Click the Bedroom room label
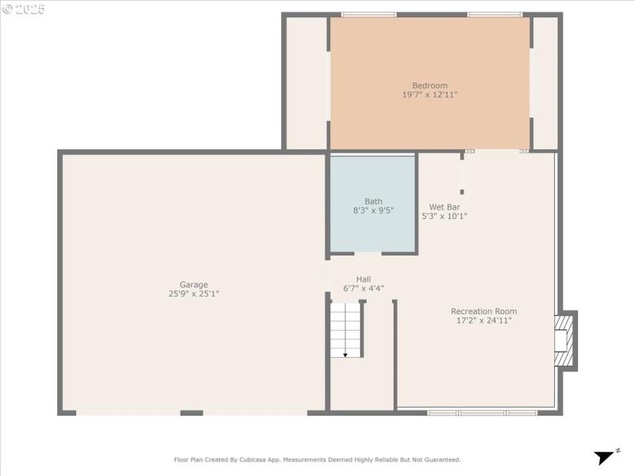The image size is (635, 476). pyautogui.click(x=429, y=86)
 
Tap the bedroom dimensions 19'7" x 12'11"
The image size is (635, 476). pyautogui.click(x=429, y=95)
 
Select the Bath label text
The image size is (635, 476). pyautogui.click(x=373, y=202)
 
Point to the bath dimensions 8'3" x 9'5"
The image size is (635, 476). pyautogui.click(x=373, y=211)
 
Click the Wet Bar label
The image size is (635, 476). pyautogui.click(x=444, y=206)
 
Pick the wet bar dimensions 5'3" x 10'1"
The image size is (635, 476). pyautogui.click(x=444, y=216)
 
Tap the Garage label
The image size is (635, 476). pyautogui.click(x=193, y=285)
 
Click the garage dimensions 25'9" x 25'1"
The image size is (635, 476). pyautogui.click(x=193, y=294)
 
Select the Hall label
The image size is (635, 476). pyautogui.click(x=364, y=279)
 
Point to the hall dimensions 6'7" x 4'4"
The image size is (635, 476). pyautogui.click(x=364, y=289)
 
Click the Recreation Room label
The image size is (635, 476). pyautogui.click(x=483, y=311)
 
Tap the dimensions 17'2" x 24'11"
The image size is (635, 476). pyautogui.click(x=483, y=321)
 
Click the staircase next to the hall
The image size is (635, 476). pyautogui.click(x=345, y=329)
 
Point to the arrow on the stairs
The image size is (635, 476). pyautogui.click(x=345, y=354)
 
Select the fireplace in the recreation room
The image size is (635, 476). pyautogui.click(x=565, y=340)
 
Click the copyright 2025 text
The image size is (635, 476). pyautogui.click(x=24, y=10)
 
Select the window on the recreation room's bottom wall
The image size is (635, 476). pyautogui.click(x=483, y=413)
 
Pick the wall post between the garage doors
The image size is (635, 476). pyautogui.click(x=191, y=413)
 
